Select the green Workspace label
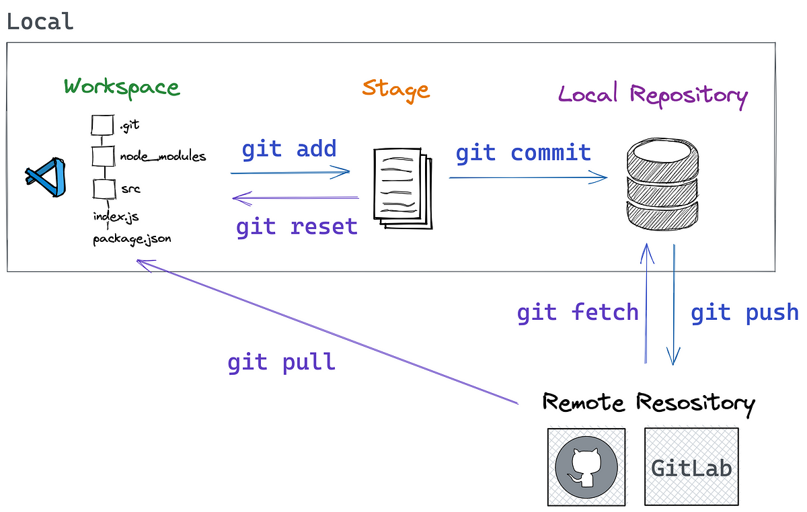tap(122, 87)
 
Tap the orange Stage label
tap(395, 89)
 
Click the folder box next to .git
tap(101, 125)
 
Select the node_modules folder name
tap(163, 157)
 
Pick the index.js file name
tap(116, 217)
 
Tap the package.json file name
tap(132, 239)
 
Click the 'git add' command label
tap(289, 149)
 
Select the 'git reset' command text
tap(297, 227)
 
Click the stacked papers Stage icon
tap(401, 189)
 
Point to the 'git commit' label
tap(523, 153)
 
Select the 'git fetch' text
tap(577, 312)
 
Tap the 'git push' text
tap(744, 312)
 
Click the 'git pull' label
tap(281, 363)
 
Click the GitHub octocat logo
tap(586, 467)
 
